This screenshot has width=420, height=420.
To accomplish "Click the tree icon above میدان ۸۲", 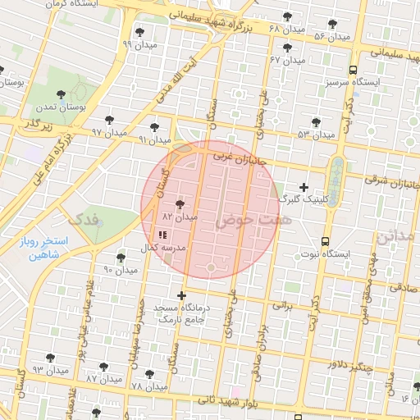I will (180, 204).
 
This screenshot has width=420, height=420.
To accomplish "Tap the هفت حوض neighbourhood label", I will (243, 221).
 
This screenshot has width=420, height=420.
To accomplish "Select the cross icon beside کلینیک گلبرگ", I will (304, 187).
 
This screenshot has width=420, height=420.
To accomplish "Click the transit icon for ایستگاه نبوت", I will (326, 241).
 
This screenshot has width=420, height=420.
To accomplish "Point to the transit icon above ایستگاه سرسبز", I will (353, 70).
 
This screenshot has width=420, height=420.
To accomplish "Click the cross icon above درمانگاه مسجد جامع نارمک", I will (181, 295).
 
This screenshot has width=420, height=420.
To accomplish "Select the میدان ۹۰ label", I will (121, 269).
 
